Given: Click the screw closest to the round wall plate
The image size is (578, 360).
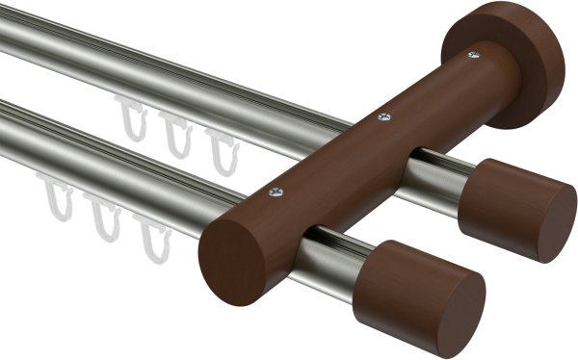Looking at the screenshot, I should point(473,55).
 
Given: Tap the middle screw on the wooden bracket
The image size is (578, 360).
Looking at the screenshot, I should point(384,117).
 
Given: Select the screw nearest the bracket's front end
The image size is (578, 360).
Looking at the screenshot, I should point(278,192).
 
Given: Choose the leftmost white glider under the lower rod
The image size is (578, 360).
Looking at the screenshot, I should point(57,197).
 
